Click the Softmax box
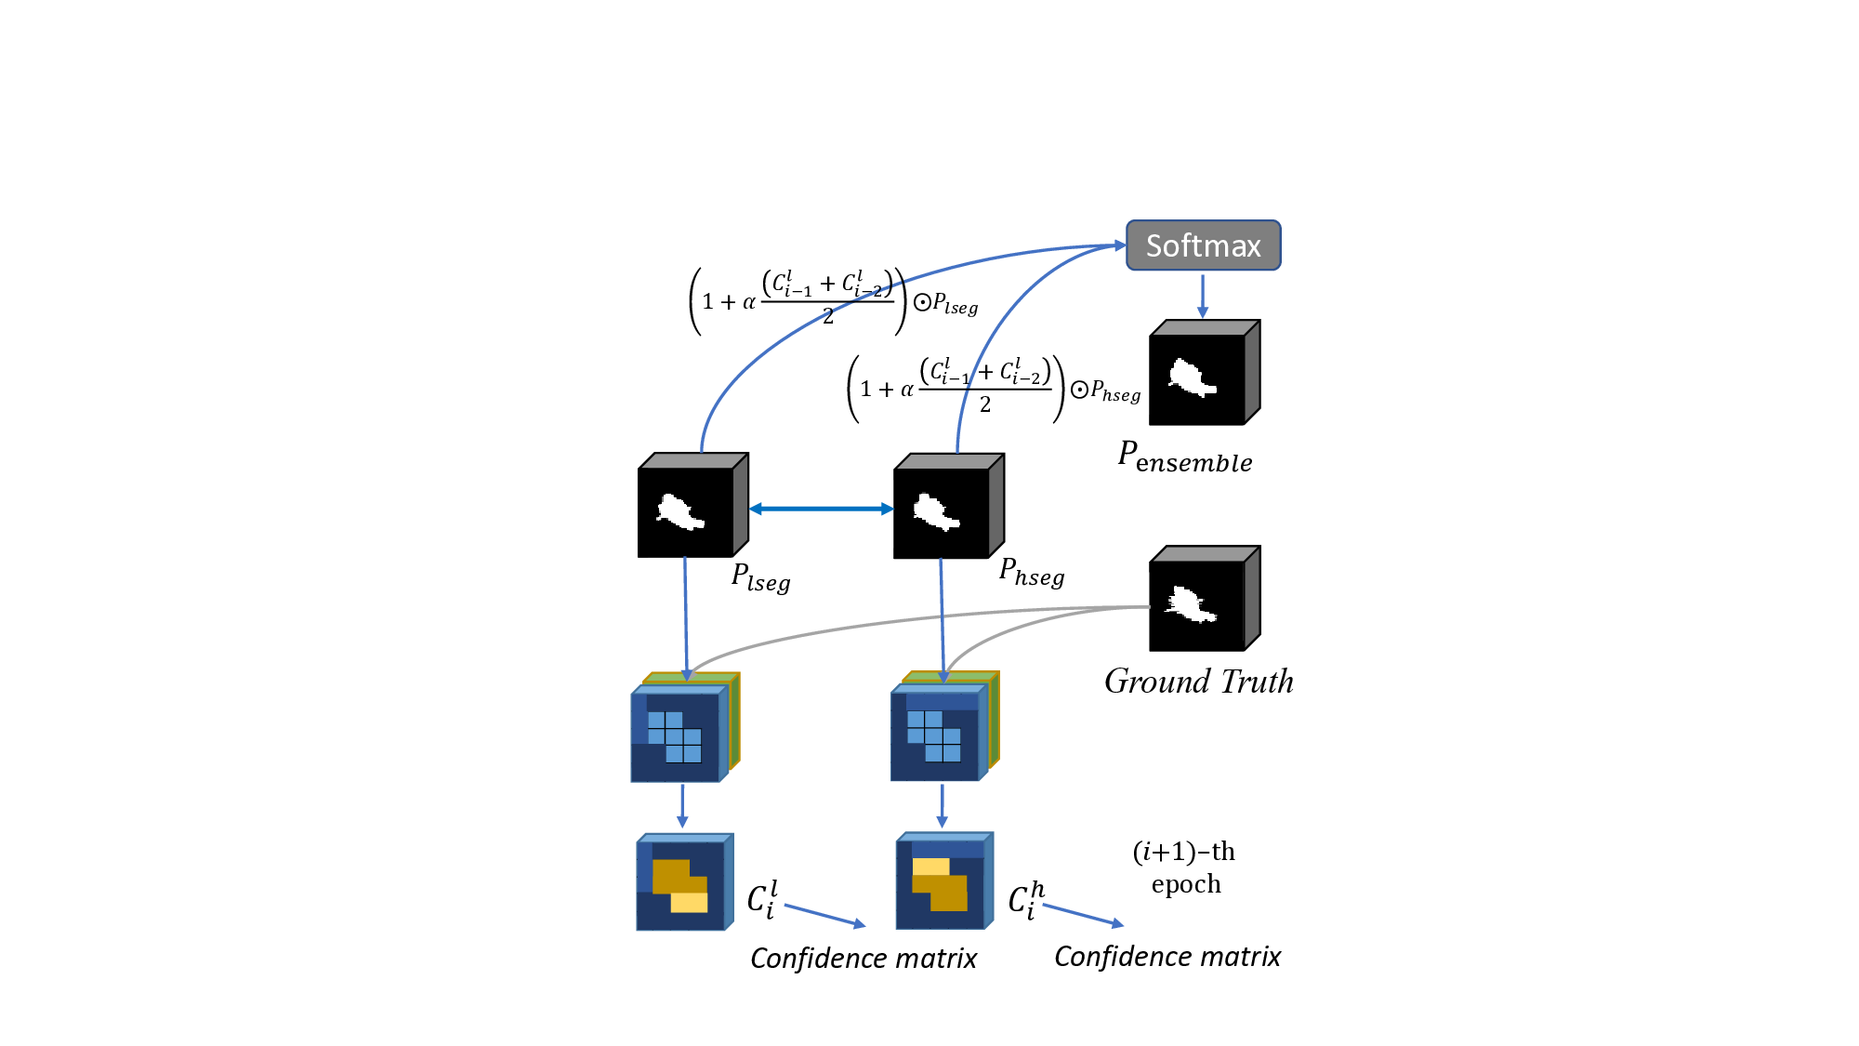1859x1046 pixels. coord(1203,245)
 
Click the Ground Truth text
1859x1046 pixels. coord(1198,682)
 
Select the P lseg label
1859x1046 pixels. coord(760,577)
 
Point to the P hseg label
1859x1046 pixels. coord(1031,572)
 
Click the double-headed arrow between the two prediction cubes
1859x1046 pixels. coord(821,509)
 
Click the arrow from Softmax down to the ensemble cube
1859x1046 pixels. coord(1202,295)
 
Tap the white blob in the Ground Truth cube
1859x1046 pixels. coord(1189,604)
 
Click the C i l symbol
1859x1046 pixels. coord(762,899)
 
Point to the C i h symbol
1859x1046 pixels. coord(1025,899)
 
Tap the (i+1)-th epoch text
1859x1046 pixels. coord(1184,867)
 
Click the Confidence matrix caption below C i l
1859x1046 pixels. coord(863,959)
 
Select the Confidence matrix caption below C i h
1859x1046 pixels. coord(1167,957)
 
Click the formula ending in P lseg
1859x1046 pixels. coord(832,300)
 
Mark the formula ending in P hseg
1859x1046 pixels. coord(992,389)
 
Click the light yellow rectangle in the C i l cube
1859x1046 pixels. coord(689,902)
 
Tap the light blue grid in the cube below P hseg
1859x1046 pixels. coord(933,735)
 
